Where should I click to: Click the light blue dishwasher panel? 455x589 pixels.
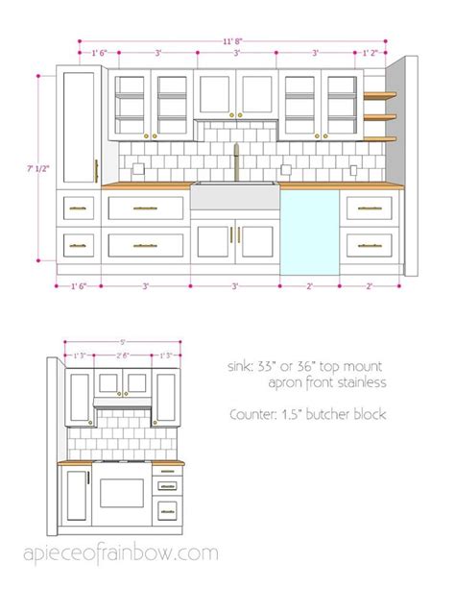point(309,231)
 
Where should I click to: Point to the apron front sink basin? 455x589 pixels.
point(235,197)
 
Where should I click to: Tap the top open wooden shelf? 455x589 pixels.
point(380,95)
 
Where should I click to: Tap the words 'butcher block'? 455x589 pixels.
point(358,415)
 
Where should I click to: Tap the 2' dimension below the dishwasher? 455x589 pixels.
point(309,286)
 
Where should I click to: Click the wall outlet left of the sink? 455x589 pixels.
point(139,170)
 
